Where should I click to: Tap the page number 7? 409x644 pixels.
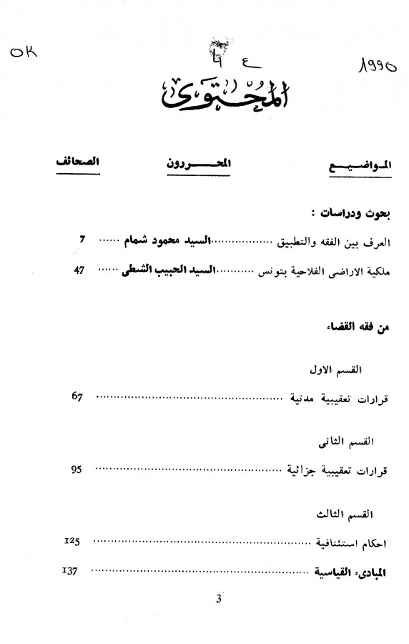pos(83,240)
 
